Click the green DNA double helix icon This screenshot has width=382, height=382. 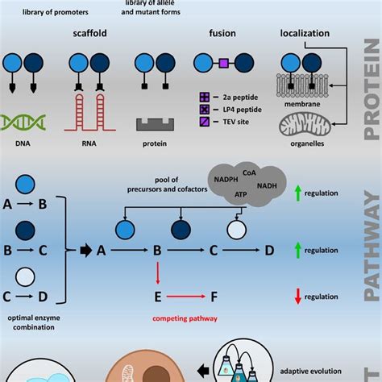coord(23,122)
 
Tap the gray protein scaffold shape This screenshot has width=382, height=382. coord(154,124)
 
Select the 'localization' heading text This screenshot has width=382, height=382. coord(305,35)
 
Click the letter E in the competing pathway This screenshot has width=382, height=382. coord(159,296)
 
